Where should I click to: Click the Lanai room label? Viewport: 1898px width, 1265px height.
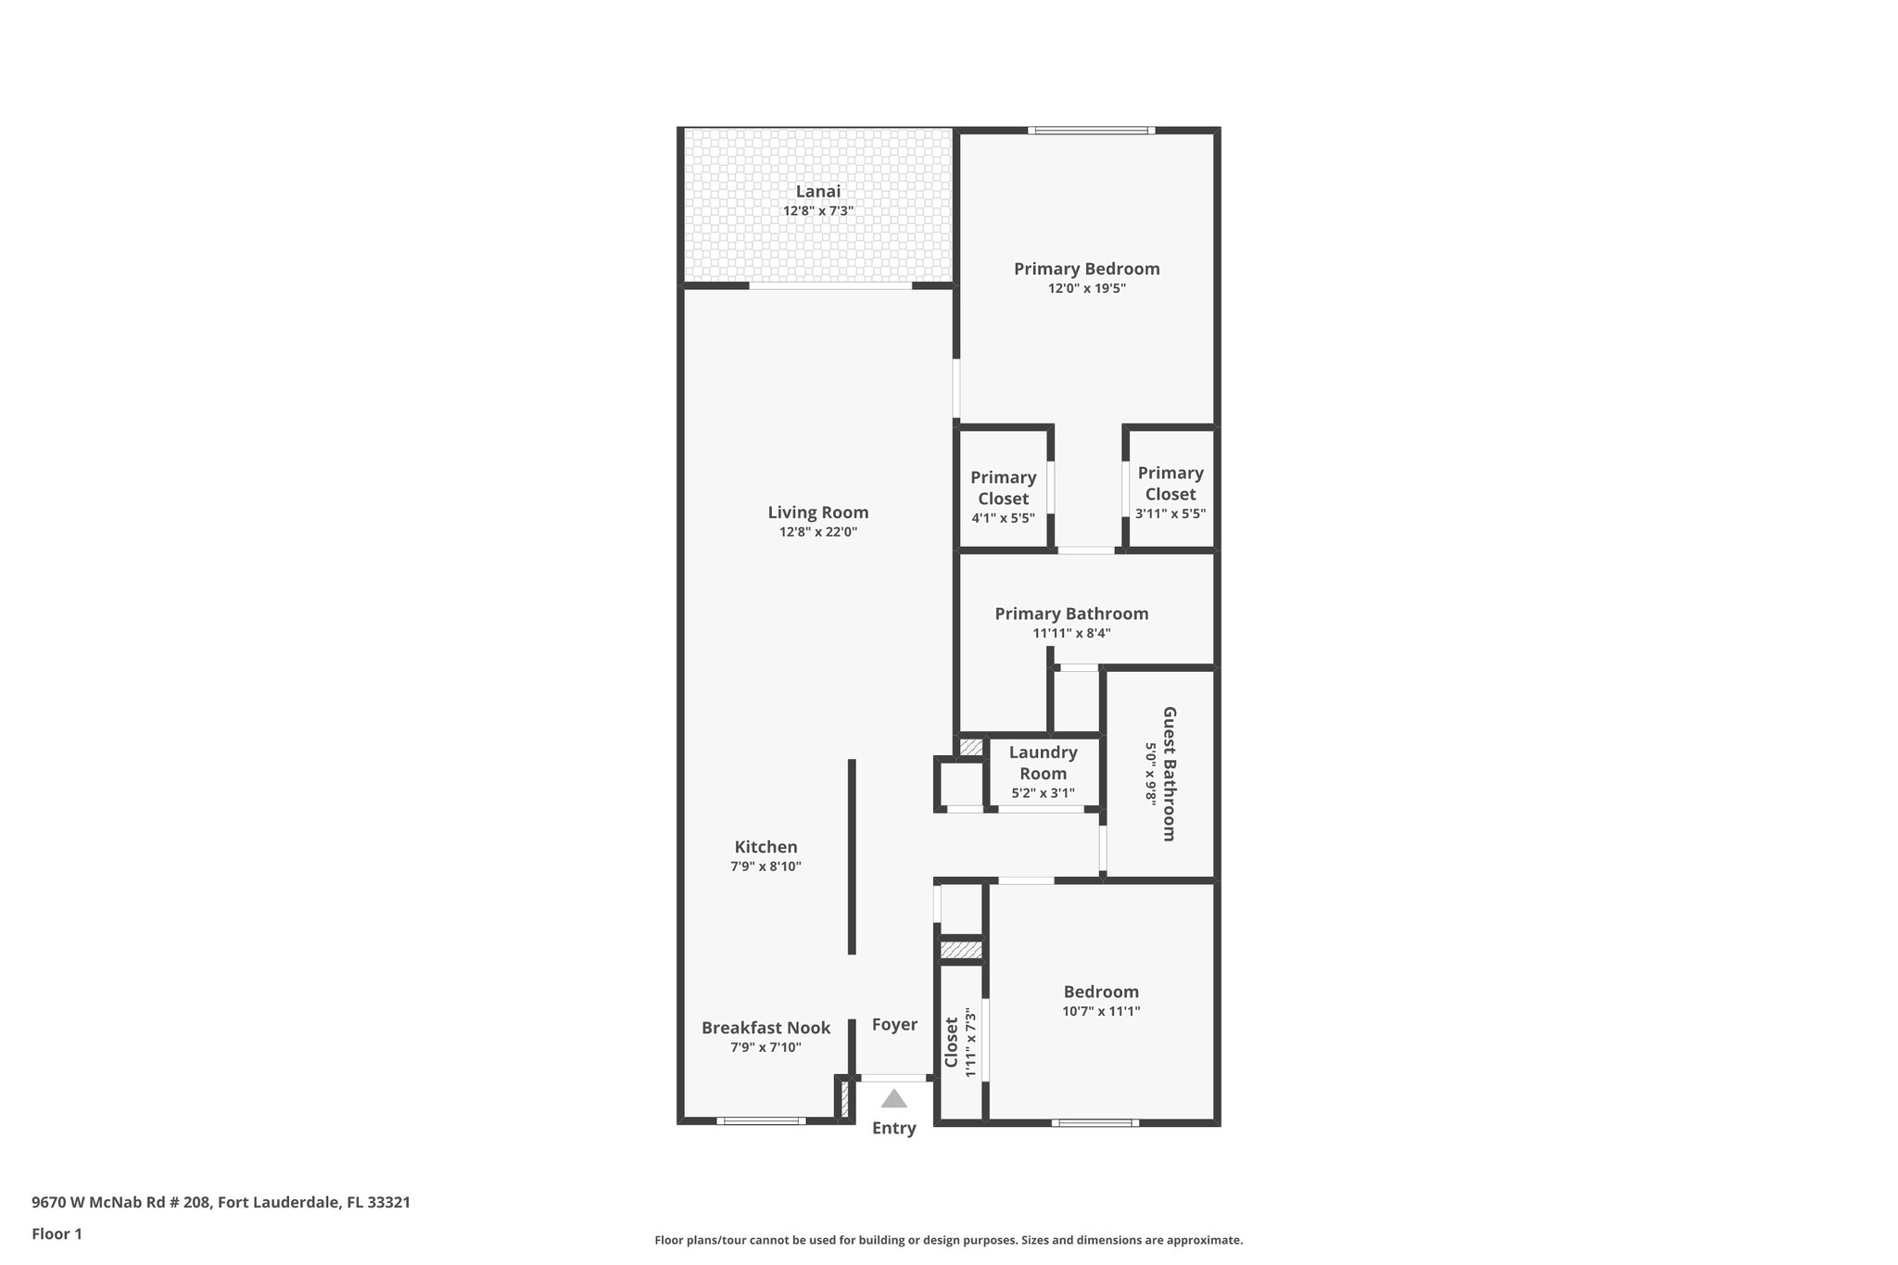[x=818, y=192]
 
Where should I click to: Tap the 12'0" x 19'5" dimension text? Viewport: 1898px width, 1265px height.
[x=1086, y=288]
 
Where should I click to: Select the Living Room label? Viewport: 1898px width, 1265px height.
[x=818, y=512]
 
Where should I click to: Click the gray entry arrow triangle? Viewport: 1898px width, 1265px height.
[x=893, y=1099]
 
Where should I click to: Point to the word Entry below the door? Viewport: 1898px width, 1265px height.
[x=893, y=1128]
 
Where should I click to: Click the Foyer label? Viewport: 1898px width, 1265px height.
[x=894, y=1024]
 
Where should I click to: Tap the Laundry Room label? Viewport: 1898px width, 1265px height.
[x=1043, y=763]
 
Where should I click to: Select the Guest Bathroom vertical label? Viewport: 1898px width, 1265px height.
[x=1169, y=774]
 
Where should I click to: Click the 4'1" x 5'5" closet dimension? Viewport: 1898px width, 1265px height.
[x=1003, y=518]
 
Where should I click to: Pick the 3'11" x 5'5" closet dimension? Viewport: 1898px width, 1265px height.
[x=1170, y=513]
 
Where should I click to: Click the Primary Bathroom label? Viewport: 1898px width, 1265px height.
[x=1071, y=614]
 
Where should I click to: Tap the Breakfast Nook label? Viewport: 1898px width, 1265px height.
[x=766, y=1028]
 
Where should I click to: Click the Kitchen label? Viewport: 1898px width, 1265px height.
[x=766, y=847]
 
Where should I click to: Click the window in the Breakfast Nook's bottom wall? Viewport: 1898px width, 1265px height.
[x=761, y=1121]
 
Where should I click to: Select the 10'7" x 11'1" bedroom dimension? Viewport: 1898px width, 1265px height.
[x=1101, y=1011]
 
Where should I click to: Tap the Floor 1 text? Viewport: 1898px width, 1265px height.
[x=57, y=1233]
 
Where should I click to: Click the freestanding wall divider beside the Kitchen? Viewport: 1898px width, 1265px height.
[x=852, y=857]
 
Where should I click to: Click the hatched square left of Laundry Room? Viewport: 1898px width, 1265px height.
[x=970, y=746]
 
